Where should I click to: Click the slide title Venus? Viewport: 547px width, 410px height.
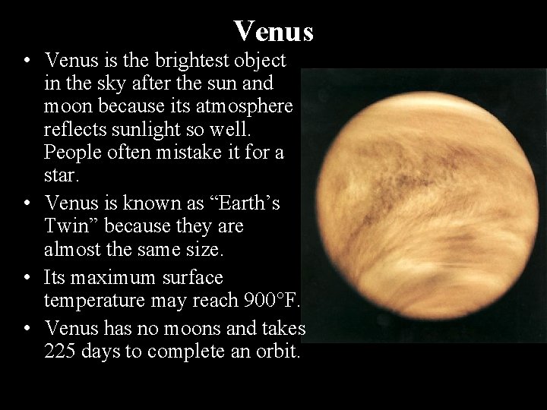(x=273, y=31)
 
